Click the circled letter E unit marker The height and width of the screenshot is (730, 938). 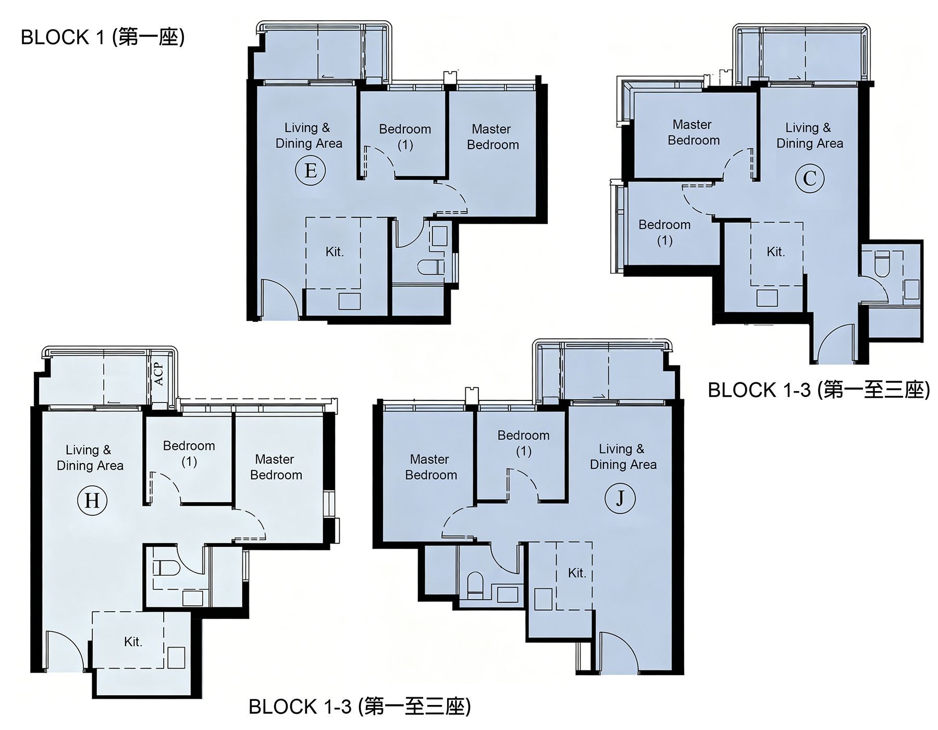311,171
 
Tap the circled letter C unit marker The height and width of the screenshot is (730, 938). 809,178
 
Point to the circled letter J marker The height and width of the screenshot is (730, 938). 620,498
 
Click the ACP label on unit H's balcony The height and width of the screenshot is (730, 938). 159,373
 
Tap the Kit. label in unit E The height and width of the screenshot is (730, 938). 335,252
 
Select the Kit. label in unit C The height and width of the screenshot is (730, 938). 775,252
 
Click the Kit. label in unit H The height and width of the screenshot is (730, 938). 133,641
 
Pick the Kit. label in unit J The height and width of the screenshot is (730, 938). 577,573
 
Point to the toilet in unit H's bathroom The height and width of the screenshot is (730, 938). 166,567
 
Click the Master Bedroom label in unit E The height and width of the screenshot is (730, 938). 492,137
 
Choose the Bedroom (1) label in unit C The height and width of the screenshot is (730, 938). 664,233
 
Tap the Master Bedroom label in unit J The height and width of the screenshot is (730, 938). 430,467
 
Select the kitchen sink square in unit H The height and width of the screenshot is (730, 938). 176,658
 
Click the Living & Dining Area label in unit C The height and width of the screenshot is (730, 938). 809,136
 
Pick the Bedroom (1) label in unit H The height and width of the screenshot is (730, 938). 189,454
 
